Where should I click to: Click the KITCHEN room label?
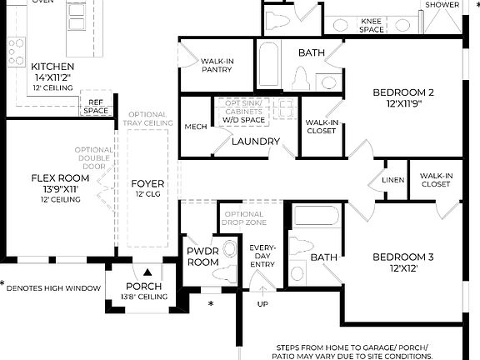click(x=52, y=67)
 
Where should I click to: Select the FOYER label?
click(x=148, y=184)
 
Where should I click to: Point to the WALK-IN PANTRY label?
click(x=217, y=65)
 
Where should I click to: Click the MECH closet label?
click(x=196, y=127)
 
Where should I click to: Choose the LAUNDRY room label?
click(x=255, y=142)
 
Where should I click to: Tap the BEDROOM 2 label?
click(x=403, y=92)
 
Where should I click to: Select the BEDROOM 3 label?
click(x=403, y=257)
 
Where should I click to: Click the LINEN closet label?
click(x=393, y=180)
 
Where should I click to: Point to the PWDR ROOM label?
click(x=202, y=255)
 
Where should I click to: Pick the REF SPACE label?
click(x=96, y=106)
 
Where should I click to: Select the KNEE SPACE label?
click(x=372, y=25)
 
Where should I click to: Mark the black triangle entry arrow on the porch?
click(x=147, y=272)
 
